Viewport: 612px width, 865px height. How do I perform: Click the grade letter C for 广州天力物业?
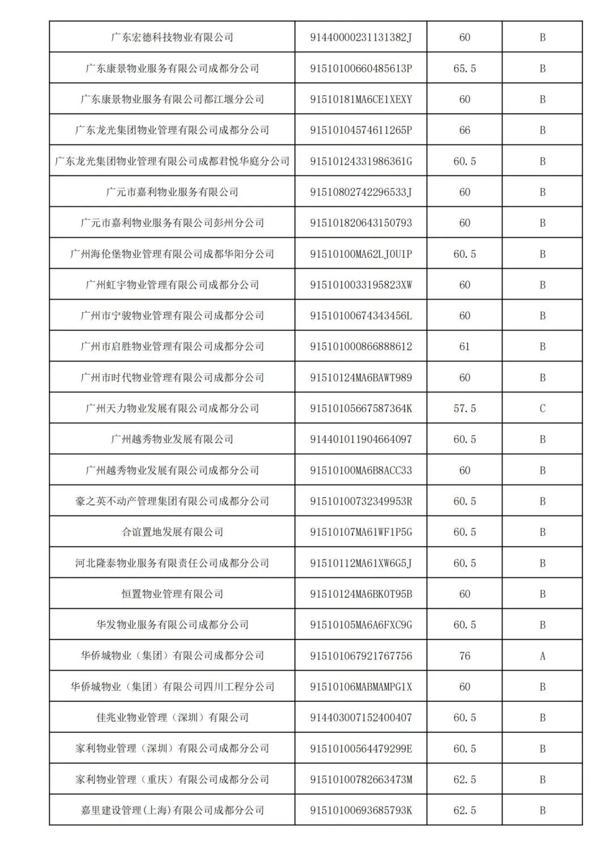click(542, 408)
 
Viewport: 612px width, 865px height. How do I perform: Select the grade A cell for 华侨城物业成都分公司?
click(542, 655)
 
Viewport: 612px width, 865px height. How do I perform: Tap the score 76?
click(465, 655)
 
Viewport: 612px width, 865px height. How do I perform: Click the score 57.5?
click(465, 408)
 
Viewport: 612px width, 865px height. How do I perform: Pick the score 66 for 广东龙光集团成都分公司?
click(465, 130)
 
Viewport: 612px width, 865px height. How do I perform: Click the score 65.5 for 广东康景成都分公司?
click(465, 68)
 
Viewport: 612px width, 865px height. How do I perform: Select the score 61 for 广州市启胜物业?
click(465, 346)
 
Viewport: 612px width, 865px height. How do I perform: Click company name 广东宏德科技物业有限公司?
click(172, 37)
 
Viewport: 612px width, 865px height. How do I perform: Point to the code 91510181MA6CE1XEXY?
click(361, 99)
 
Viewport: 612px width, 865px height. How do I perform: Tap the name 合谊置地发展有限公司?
click(172, 532)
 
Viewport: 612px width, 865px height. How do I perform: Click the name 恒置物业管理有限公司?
click(172, 594)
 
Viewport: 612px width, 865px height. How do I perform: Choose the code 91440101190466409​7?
click(361, 439)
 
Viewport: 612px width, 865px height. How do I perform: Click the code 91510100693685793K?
click(361, 810)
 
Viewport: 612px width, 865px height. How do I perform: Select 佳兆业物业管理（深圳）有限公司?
click(172, 717)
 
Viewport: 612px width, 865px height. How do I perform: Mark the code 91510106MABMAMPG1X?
click(361, 687)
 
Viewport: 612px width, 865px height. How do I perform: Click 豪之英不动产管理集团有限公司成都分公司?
click(172, 501)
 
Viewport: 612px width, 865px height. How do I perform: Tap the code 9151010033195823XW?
click(361, 284)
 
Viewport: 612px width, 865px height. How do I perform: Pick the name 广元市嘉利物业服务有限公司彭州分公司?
click(172, 223)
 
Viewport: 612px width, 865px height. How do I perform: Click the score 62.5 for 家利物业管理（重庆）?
click(465, 779)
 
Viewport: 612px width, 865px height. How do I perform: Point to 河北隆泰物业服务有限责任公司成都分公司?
click(172, 563)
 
